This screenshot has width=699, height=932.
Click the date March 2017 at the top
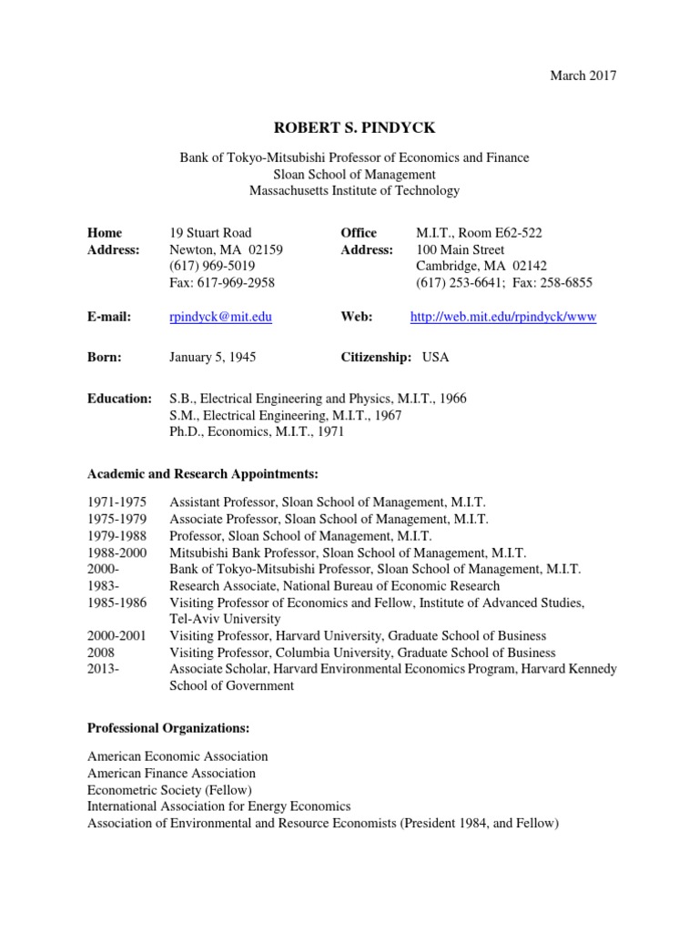click(x=583, y=76)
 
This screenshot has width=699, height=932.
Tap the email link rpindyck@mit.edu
click(x=221, y=316)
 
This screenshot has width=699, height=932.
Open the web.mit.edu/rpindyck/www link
click(x=503, y=316)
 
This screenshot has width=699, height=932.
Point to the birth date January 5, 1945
click(x=212, y=357)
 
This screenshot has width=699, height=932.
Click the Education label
click(x=119, y=399)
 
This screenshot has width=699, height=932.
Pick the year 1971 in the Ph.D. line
click(x=329, y=431)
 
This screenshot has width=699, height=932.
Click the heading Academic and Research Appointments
click(x=203, y=473)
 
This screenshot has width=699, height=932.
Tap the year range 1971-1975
click(x=116, y=502)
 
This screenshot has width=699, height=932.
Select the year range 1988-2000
click(x=116, y=552)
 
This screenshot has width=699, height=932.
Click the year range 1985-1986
click(x=116, y=603)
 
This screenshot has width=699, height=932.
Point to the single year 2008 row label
click(x=102, y=653)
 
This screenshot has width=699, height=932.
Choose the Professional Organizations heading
click(x=167, y=727)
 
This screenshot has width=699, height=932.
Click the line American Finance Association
click(x=171, y=773)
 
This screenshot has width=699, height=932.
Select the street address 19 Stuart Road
click(x=211, y=233)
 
